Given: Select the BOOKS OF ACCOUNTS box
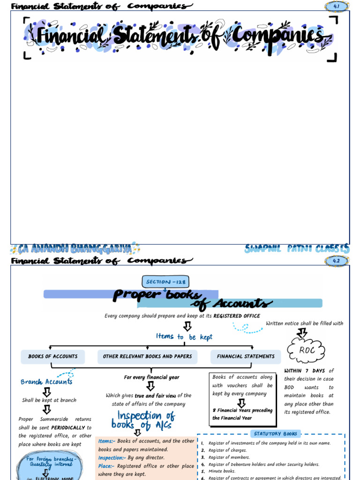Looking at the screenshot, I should pos(53,357).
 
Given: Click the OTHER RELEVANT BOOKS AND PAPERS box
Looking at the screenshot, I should pos(147,357).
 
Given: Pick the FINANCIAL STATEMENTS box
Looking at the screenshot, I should pos(246,357).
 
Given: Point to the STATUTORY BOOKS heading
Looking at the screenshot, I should pos(276,434).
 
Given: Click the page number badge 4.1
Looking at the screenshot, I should pos(337,6).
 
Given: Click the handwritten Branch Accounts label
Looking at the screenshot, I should pos(46,382).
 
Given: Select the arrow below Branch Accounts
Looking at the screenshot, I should pos(46,392).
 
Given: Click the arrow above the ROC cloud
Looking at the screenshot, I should pos(302,332).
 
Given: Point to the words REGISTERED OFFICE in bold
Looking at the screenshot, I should pos(237,316).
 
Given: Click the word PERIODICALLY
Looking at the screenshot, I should pos(68,427).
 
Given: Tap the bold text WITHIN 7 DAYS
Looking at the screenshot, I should pos(305,371).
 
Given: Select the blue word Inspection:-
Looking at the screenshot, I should pos(111,457).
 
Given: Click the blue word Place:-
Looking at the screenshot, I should pos(106,466).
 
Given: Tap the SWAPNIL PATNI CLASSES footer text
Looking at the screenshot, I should pos(297,248).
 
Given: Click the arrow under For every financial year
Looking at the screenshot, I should pos(150,386).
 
